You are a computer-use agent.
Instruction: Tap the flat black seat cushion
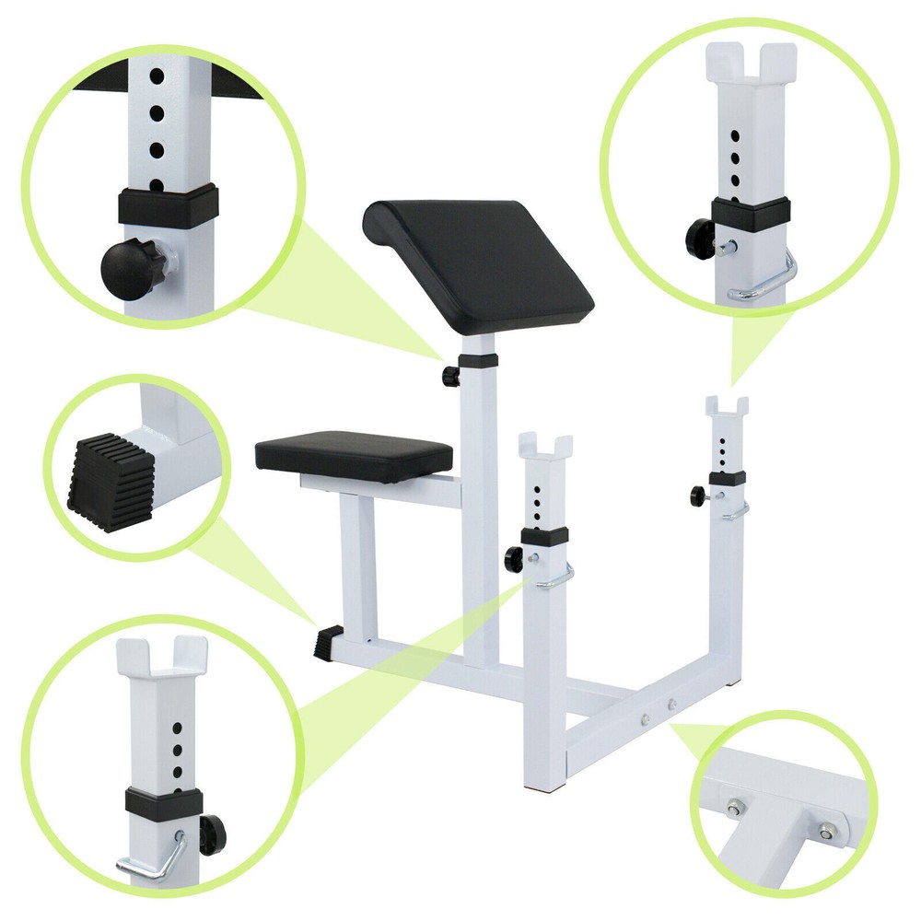pyautogui.click(x=355, y=453)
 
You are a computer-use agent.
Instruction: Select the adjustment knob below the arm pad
pyautogui.click(x=450, y=376)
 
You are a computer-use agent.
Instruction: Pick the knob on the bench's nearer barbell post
pyautogui.click(x=512, y=556)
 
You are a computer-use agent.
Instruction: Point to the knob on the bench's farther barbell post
pyautogui.click(x=697, y=495)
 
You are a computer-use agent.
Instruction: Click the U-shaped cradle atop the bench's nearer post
pyautogui.click(x=545, y=446)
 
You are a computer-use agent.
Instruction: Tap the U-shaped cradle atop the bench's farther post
pyautogui.click(x=727, y=406)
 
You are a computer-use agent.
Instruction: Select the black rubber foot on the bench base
pyautogui.click(x=329, y=641)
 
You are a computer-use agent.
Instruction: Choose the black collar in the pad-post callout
pyautogui.click(x=168, y=207)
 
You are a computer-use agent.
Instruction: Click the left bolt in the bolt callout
pyautogui.click(x=734, y=809)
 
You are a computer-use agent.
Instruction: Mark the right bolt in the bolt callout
pyautogui.click(x=826, y=830)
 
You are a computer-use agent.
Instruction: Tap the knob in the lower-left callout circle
pyautogui.click(x=211, y=834)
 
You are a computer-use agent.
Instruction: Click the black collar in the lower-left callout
pyautogui.click(x=164, y=803)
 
